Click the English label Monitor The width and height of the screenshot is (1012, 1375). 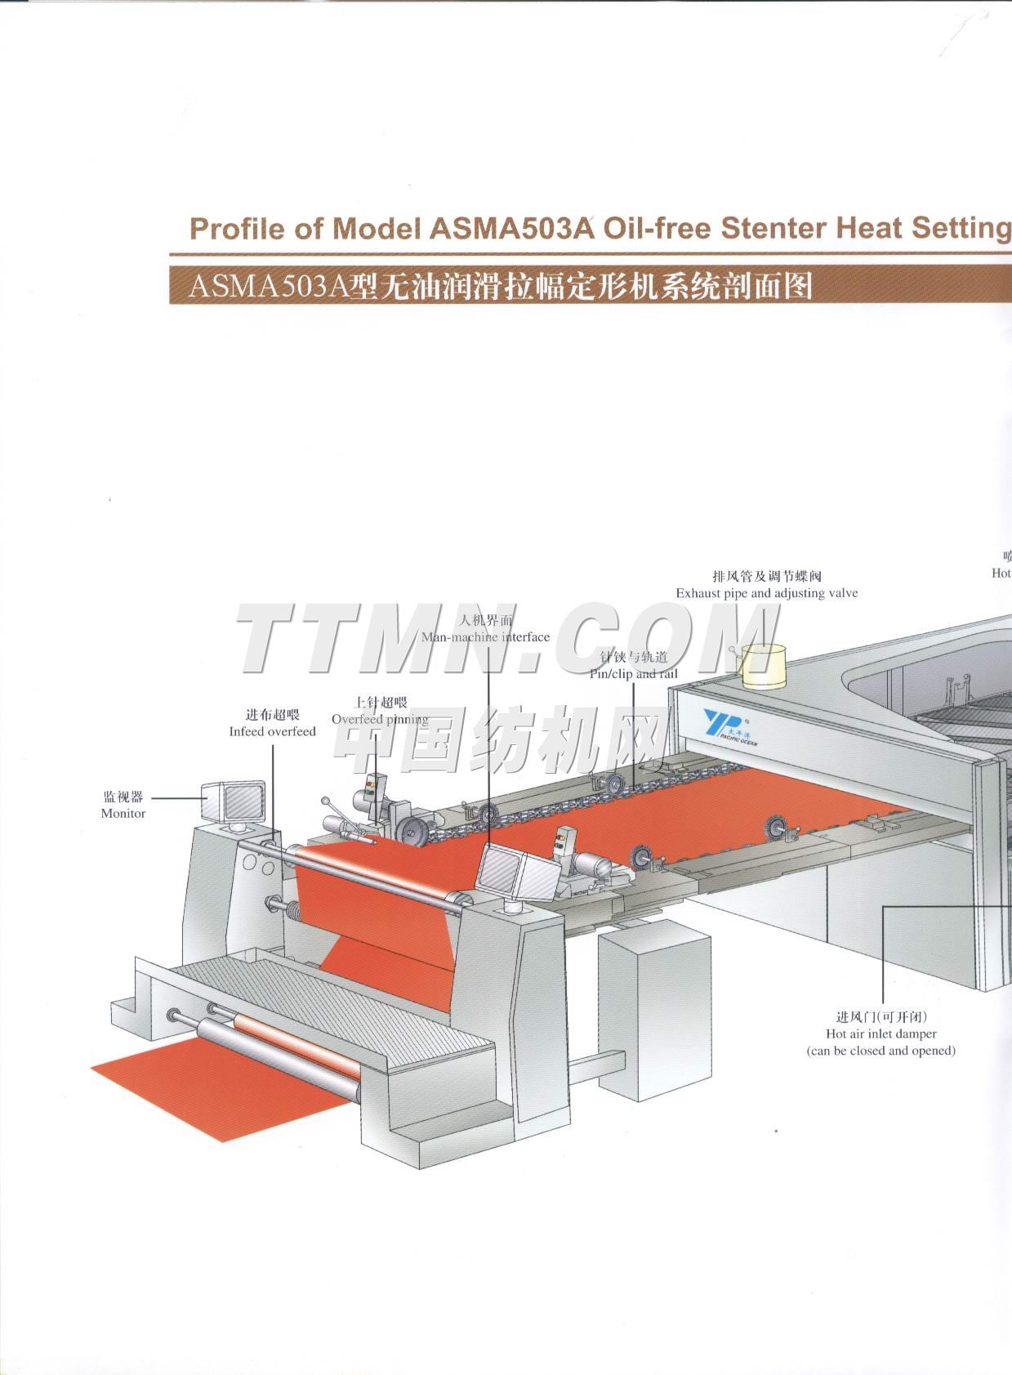point(123,813)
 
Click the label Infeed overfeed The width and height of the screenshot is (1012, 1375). point(272,731)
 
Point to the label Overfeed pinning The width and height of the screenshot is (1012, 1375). point(380,719)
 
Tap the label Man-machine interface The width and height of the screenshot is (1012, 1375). point(485,636)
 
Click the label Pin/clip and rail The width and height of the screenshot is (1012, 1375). point(634,674)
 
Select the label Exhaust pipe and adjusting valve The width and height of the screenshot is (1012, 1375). point(766,593)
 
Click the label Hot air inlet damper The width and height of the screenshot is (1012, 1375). point(880,1033)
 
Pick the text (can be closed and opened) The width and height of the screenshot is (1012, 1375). point(880,1051)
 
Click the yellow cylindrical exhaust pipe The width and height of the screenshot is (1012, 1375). point(763,666)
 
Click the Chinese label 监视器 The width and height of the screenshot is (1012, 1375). point(123,797)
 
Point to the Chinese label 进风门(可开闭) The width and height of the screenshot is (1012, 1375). point(880,1016)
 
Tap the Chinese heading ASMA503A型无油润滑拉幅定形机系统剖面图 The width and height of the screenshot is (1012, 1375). point(500,287)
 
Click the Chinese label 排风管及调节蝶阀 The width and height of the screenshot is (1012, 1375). point(766,576)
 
